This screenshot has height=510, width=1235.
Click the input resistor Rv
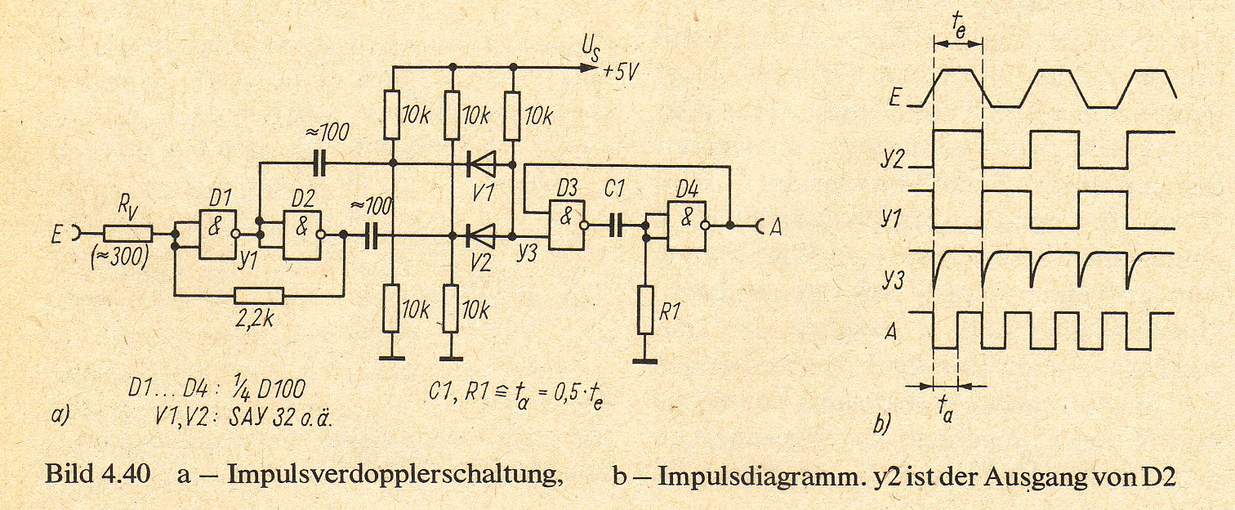128,234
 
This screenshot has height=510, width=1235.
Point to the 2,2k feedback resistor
259,296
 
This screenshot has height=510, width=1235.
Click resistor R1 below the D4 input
645,310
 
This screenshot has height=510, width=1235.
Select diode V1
480,163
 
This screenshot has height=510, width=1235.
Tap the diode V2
480,236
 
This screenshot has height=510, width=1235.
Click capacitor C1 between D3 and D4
615,226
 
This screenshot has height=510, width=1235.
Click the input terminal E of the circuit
66,235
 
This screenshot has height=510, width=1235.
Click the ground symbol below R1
645,361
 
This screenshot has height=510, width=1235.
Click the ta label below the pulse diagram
945,412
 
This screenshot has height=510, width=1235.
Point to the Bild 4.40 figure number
97,475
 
